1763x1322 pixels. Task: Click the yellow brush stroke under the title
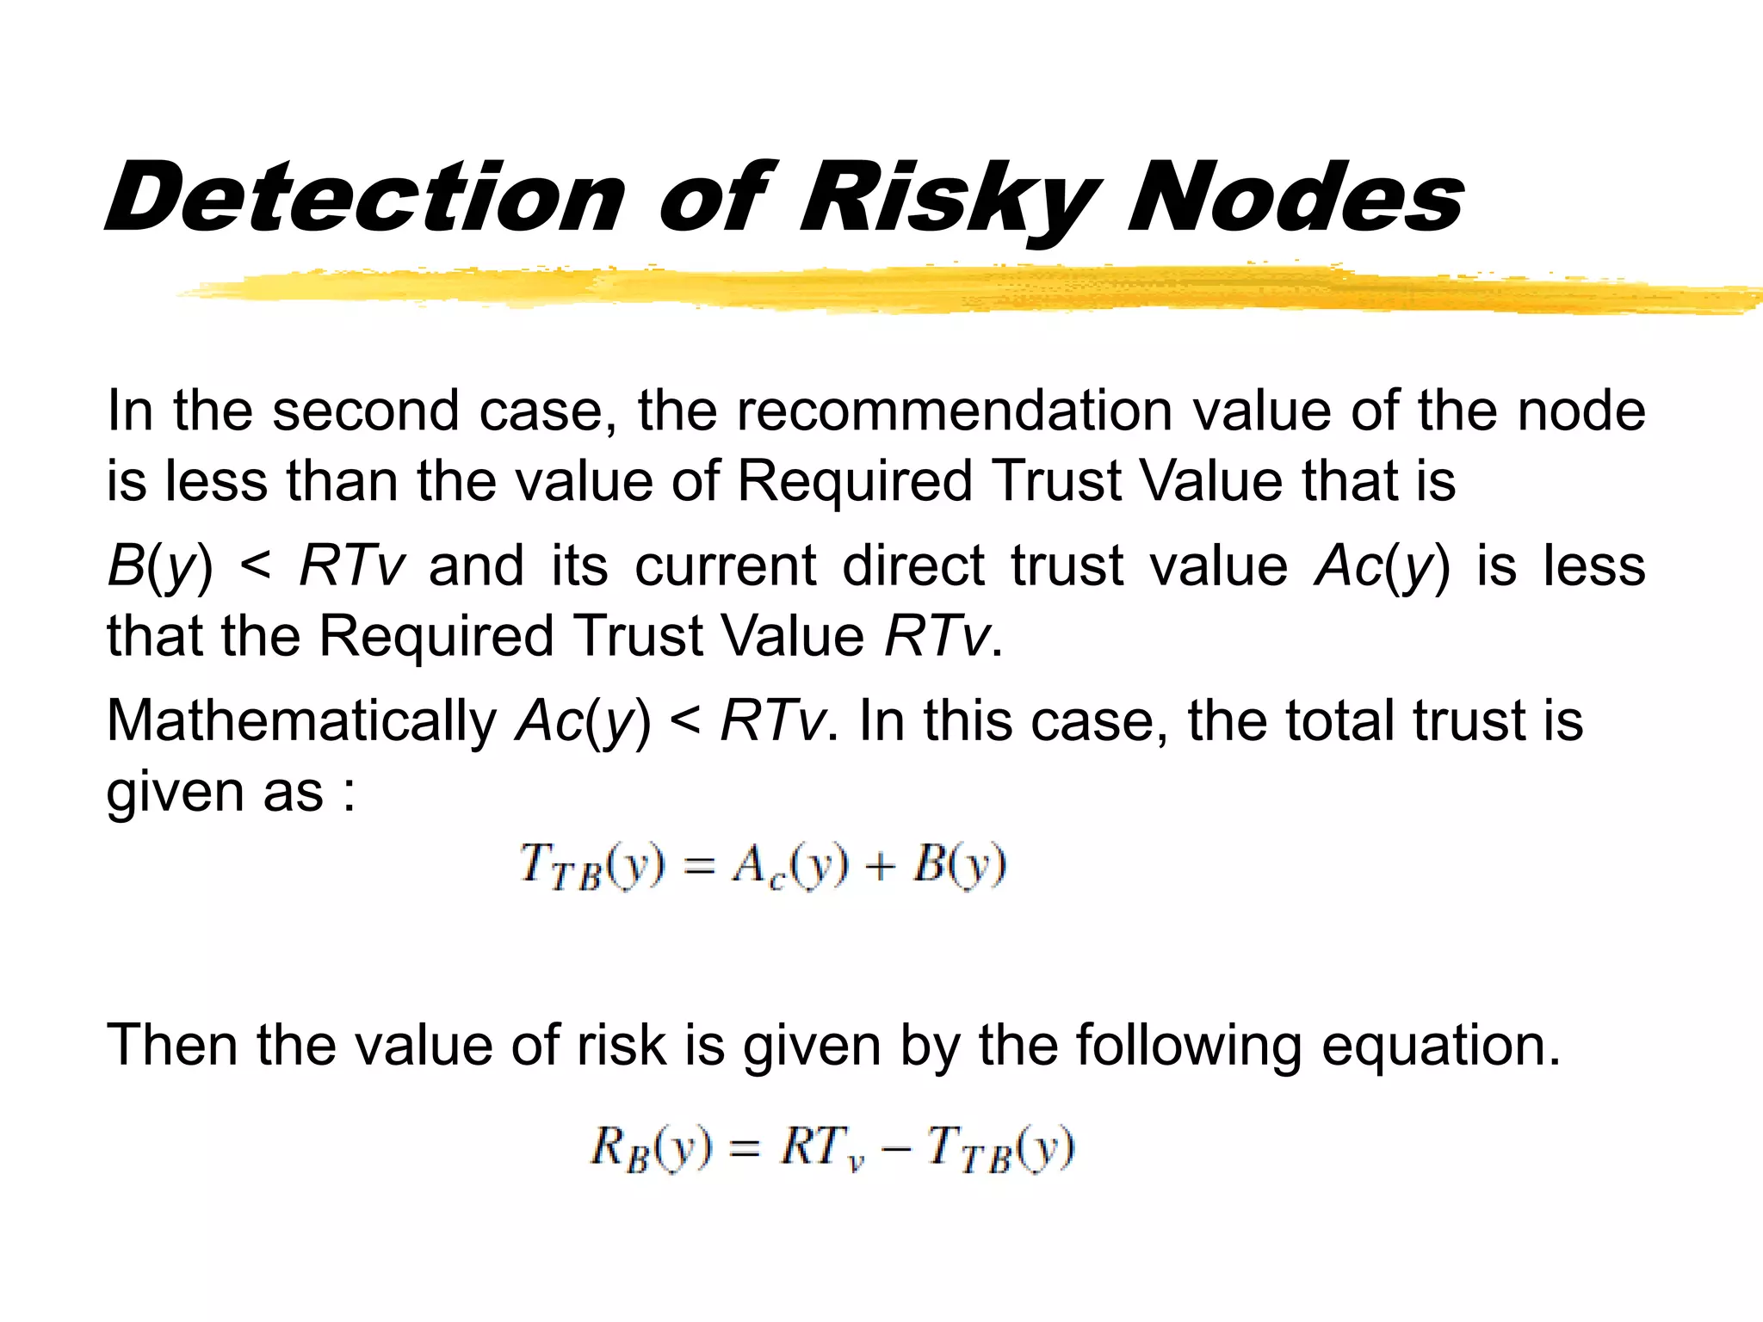(x=947, y=289)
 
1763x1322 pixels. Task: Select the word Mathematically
(x=301, y=721)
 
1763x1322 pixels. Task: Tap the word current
(x=726, y=566)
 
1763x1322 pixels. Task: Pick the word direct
(x=912, y=566)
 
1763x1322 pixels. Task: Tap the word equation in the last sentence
(x=1440, y=1047)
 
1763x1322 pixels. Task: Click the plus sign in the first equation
(x=880, y=866)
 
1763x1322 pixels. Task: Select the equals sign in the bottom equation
(x=745, y=1149)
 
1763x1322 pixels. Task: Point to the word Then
(x=171, y=1046)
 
